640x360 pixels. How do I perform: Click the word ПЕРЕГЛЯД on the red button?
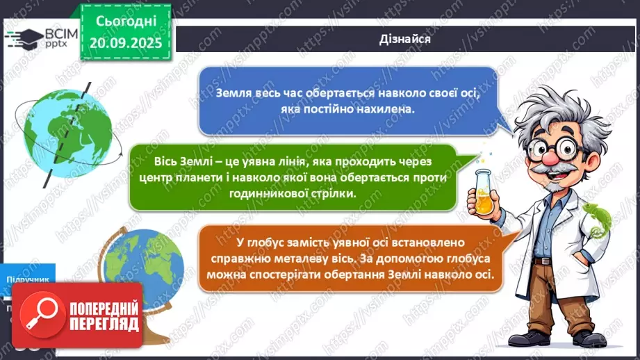(104, 325)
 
